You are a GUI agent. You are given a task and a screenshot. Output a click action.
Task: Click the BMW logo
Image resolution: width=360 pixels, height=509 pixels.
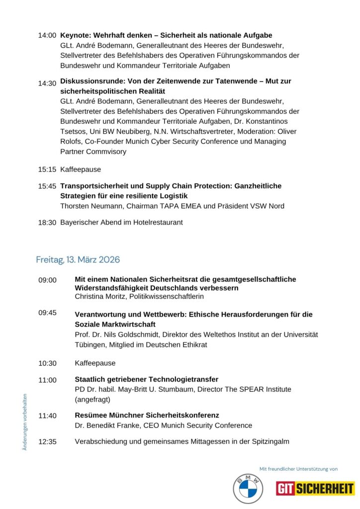(248, 489)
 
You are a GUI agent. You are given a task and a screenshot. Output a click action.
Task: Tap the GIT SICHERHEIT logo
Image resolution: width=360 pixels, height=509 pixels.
(315, 489)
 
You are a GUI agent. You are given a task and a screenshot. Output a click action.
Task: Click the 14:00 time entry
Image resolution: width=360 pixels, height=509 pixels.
(47, 36)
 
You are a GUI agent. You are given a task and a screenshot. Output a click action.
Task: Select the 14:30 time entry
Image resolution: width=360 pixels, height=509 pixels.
(47, 84)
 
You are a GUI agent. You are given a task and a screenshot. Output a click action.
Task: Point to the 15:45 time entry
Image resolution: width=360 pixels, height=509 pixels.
(47, 186)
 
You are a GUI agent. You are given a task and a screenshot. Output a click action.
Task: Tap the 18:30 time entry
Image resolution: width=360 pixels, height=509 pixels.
(47, 223)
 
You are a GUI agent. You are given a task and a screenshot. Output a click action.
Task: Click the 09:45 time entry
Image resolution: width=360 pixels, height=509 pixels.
(47, 313)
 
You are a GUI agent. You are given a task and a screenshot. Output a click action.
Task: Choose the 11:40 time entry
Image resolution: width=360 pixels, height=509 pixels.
(47, 416)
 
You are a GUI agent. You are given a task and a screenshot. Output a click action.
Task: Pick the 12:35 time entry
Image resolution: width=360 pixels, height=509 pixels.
(47, 441)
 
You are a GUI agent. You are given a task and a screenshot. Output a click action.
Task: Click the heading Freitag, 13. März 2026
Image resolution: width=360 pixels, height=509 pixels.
(78, 260)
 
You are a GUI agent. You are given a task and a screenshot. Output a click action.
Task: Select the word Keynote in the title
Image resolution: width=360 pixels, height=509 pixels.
(75, 35)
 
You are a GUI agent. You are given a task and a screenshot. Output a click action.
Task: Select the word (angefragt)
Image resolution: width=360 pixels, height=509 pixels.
(92, 399)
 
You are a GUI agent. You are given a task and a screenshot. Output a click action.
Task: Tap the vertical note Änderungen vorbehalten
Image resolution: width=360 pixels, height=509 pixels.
(25, 422)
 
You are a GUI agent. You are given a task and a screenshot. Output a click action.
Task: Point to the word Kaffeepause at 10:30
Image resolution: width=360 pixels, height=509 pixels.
(95, 363)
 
